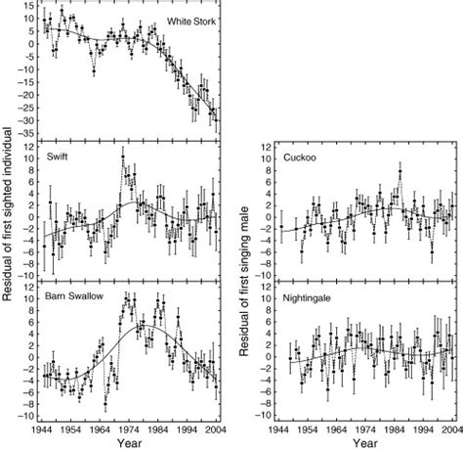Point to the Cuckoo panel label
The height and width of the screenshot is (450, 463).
[x=293, y=155]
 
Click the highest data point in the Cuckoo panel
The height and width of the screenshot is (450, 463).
[x=400, y=173]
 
